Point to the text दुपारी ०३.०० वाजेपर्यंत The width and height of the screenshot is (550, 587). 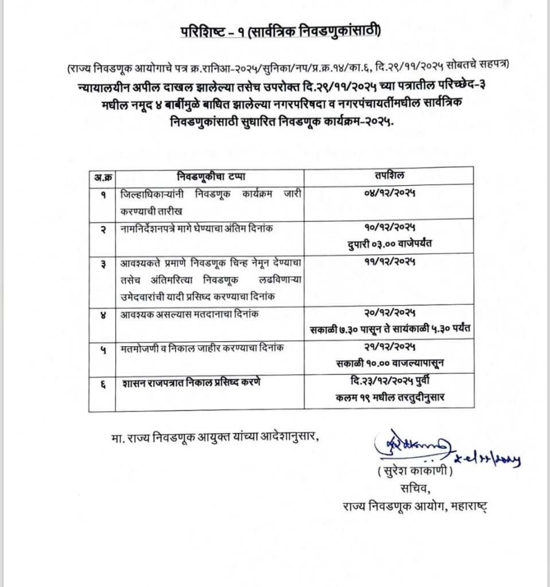[390, 243]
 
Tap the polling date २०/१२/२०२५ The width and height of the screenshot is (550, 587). [389, 312]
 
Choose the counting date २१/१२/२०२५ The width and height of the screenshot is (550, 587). [389, 347]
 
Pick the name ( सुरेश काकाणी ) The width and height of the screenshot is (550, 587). [411, 473]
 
